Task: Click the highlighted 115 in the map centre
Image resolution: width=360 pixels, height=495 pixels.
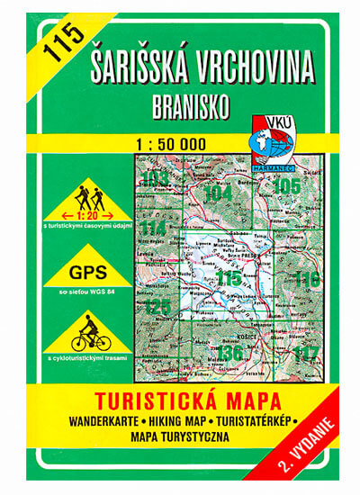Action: click(230, 280)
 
